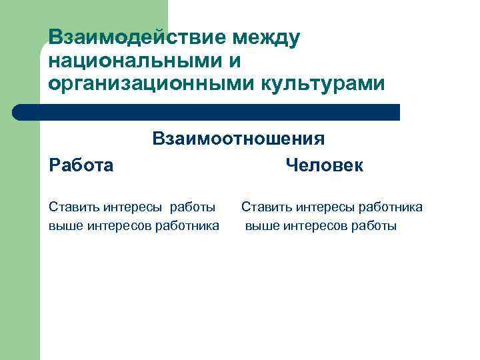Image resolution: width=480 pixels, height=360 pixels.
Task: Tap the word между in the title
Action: (x=265, y=38)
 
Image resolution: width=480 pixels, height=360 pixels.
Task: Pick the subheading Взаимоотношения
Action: (x=239, y=139)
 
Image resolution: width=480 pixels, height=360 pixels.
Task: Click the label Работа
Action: (x=81, y=165)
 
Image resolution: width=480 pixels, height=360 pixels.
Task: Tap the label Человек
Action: (x=324, y=165)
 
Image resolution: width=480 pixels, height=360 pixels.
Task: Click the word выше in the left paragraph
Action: (x=63, y=226)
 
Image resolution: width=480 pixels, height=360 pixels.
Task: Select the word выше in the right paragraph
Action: (x=260, y=226)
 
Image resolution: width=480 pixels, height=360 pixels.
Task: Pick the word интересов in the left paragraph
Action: (x=116, y=226)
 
